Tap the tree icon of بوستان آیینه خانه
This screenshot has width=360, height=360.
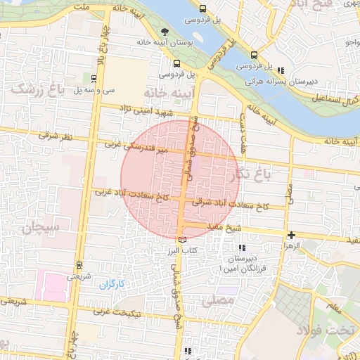(x=165, y=32)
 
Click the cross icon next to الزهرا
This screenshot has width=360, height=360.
(x=290, y=234)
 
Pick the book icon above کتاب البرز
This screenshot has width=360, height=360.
(x=183, y=240)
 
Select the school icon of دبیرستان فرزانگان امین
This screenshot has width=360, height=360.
(x=243, y=247)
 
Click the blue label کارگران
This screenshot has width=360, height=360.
(x=111, y=284)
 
